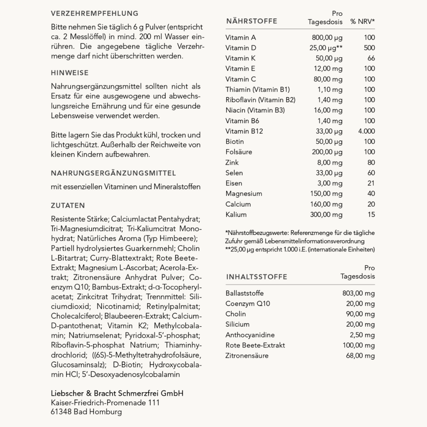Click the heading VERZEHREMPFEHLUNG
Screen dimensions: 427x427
point(95,14)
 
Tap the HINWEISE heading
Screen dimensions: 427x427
point(70,73)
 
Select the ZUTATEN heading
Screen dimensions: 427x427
point(68,206)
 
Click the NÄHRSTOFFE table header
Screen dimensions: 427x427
point(251,21)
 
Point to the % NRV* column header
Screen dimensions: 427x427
point(362,22)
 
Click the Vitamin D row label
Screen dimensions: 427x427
point(240,48)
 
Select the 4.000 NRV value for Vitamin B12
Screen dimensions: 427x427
point(366,131)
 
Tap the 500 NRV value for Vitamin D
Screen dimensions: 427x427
point(369,48)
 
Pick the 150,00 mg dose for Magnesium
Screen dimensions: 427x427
point(326,194)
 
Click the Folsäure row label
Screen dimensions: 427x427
point(238,152)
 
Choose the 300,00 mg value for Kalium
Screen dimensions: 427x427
point(326,215)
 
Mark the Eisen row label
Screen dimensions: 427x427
point(234,183)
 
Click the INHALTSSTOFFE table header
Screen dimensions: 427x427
point(257,277)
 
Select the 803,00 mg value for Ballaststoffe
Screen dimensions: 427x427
point(358,293)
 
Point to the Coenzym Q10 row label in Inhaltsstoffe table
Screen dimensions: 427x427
point(248,303)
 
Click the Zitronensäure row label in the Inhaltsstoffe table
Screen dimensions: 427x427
point(247,356)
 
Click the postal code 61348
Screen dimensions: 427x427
point(61,412)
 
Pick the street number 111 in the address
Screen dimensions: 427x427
point(154,403)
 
